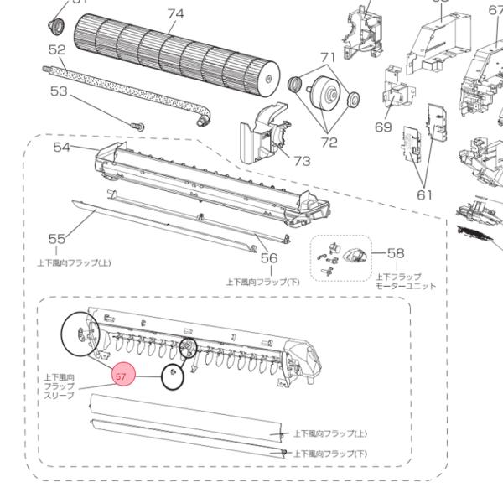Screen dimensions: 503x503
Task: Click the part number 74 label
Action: (175, 14)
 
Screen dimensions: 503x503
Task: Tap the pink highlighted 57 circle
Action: (122, 377)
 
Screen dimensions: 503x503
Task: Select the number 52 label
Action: (57, 50)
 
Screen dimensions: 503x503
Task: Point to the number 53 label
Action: (57, 91)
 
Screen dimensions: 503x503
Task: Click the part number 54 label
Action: (62, 148)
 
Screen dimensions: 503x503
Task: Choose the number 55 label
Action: (57, 239)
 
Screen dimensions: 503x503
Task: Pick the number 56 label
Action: (268, 258)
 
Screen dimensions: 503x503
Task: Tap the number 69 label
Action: (383, 127)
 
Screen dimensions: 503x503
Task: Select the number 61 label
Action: (425, 194)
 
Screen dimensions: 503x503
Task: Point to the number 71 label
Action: (328, 57)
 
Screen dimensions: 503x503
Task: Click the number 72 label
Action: (328, 142)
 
